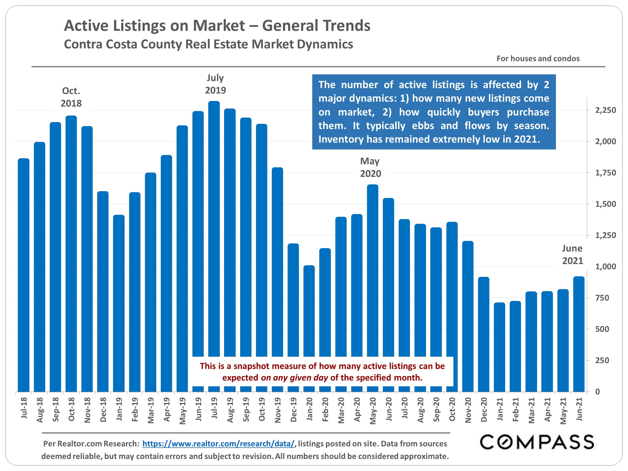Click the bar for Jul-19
(x=214, y=227)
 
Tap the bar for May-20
(x=373, y=270)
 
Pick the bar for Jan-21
(x=499, y=346)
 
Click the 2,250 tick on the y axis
(x=605, y=110)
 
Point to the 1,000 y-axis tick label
(x=605, y=267)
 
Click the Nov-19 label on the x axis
(x=278, y=410)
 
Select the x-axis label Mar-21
(x=532, y=410)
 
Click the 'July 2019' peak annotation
(x=215, y=84)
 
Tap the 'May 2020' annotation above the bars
(x=370, y=167)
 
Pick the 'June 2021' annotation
(x=572, y=254)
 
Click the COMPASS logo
(x=537, y=442)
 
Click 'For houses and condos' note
(x=538, y=59)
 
